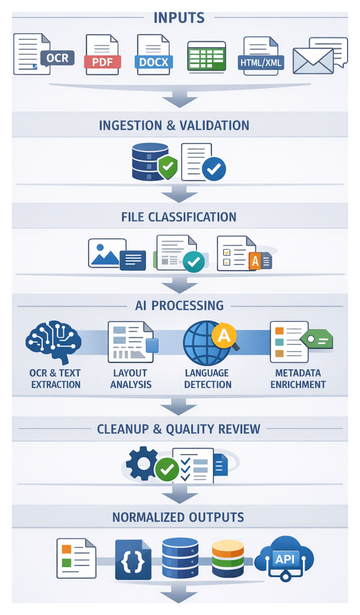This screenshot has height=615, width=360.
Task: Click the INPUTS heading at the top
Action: click(179, 17)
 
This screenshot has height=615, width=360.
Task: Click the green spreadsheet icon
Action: click(207, 57)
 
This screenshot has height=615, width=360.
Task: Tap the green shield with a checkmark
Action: click(168, 167)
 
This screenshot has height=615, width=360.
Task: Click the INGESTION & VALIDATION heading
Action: click(174, 125)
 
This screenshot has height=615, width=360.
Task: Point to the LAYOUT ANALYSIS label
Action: click(131, 379)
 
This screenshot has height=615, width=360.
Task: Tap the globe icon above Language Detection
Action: click(204, 344)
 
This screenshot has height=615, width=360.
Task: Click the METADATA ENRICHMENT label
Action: click(298, 379)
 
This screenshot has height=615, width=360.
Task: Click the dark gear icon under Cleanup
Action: click(142, 463)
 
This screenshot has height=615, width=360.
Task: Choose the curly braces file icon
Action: click(130, 559)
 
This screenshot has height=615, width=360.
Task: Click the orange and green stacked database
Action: click(228, 558)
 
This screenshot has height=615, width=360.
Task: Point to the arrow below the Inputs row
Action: click(179, 97)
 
